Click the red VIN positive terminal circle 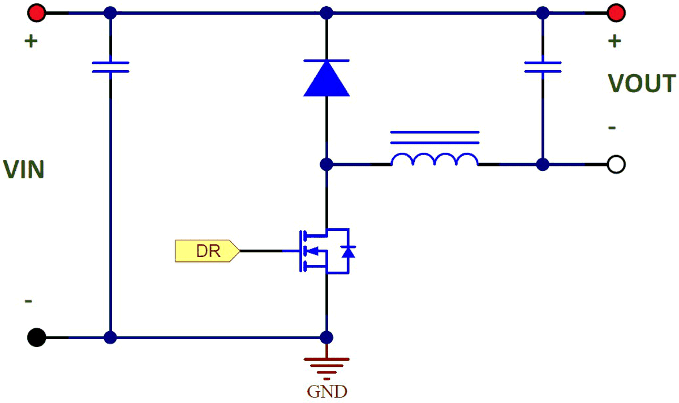pyautogui.click(x=37, y=12)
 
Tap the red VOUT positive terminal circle pyautogui.click(x=616, y=12)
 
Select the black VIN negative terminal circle pyautogui.click(x=36, y=337)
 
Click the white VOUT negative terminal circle pyautogui.click(x=616, y=165)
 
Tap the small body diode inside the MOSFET pyautogui.click(x=349, y=251)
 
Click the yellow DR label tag pyautogui.click(x=207, y=251)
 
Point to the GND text pyautogui.click(x=327, y=391)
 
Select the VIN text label pyautogui.click(x=24, y=170)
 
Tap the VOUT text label pyautogui.click(x=642, y=84)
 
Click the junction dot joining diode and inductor pyautogui.click(x=326, y=165)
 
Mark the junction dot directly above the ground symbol pyautogui.click(x=326, y=337)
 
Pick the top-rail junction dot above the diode pyautogui.click(x=326, y=12)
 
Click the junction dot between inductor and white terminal pyautogui.click(x=542, y=165)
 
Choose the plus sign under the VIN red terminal pyautogui.click(x=31, y=41)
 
